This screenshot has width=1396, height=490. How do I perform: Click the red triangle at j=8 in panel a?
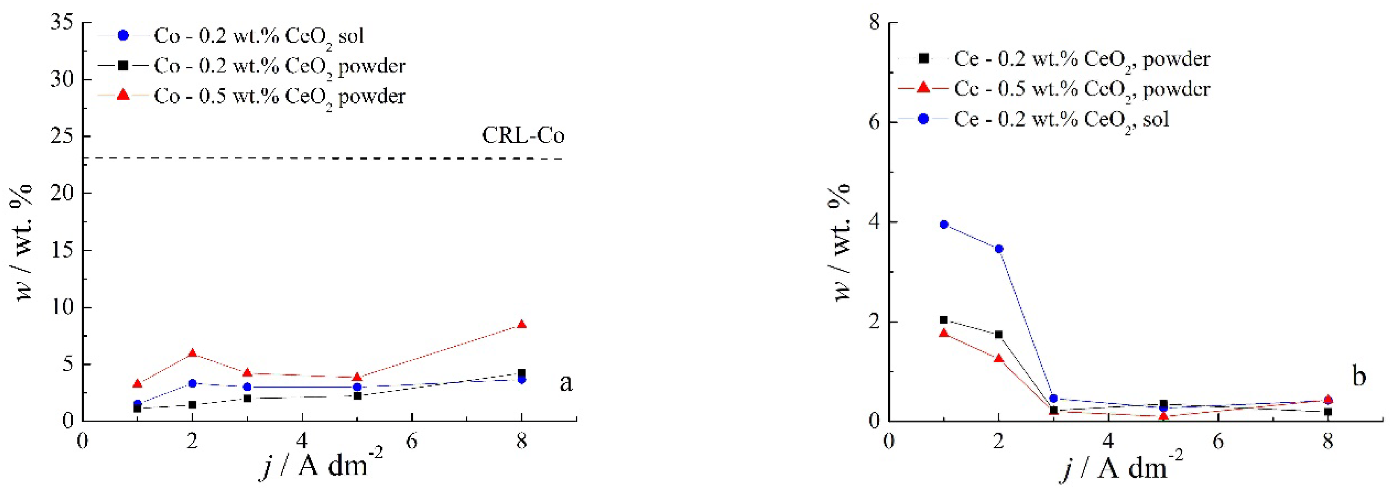[521, 324]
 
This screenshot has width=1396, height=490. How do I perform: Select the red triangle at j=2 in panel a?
[192, 353]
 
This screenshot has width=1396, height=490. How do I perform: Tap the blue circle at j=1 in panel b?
[943, 224]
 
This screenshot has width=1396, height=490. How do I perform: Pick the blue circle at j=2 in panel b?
[999, 249]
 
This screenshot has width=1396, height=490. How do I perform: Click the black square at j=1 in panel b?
[943, 320]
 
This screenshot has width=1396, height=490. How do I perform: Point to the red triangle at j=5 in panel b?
[1163, 416]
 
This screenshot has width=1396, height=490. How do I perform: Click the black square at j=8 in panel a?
[521, 373]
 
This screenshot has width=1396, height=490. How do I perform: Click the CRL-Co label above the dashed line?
[523, 135]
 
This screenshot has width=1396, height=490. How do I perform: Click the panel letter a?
[566, 383]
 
